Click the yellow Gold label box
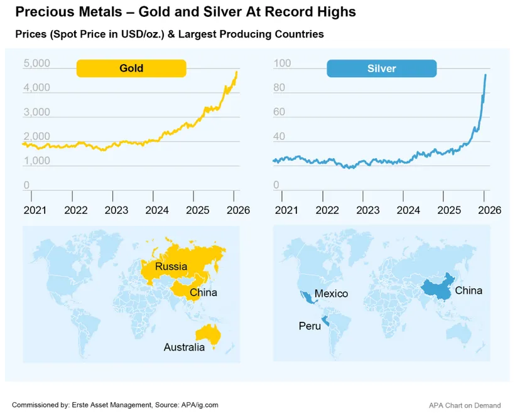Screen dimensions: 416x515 [x=131, y=68]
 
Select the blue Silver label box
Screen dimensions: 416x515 [x=381, y=68]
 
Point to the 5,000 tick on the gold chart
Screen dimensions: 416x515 [x=36, y=63]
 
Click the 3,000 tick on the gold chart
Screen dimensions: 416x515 [x=36, y=112]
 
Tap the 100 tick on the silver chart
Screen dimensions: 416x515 [x=283, y=63]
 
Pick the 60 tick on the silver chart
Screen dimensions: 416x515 [x=281, y=112]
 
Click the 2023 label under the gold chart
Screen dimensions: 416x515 [x=115, y=210]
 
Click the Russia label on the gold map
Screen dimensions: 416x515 [x=171, y=267]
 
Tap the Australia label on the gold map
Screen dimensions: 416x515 [x=184, y=347]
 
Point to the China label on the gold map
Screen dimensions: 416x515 [x=203, y=292]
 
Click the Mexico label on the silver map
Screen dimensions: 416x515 [x=331, y=294]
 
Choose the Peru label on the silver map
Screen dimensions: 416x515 [x=308, y=326]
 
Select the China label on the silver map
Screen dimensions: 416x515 [x=469, y=291]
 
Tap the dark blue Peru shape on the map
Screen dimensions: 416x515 [x=325, y=323]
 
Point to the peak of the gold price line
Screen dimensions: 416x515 [x=237, y=72]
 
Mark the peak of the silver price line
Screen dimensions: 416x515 [x=485, y=75]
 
